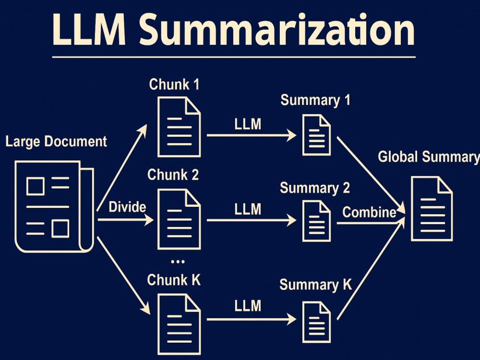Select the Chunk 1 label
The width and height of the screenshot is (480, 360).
coord(174,84)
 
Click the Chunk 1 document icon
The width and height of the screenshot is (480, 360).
coord(179,127)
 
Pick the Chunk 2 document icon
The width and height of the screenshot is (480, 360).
coord(179,218)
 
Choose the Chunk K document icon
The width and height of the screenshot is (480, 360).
coord(179,324)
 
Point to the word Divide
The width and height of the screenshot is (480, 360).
coord(127,207)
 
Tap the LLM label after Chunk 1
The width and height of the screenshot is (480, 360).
coord(248,124)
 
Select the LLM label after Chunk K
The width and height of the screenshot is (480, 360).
coord(248,305)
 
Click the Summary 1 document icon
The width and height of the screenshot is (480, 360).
coord(316,135)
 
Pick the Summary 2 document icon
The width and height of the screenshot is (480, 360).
coord(316,221)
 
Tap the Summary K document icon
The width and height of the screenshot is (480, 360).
coord(316,321)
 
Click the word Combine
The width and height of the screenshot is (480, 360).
coord(369,212)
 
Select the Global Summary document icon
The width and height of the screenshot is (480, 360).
coord(432,208)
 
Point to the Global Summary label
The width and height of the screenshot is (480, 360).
coord(429,157)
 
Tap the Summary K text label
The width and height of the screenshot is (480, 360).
coord(315,284)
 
